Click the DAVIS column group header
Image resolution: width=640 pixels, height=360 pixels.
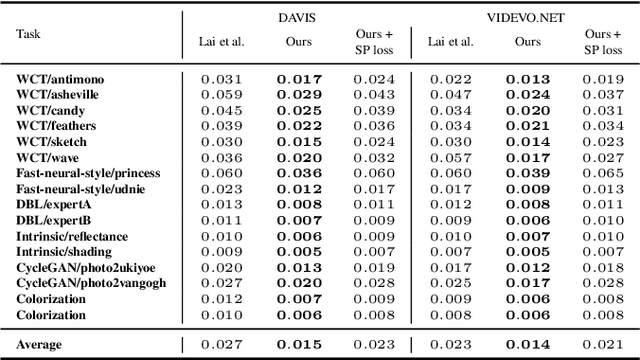point(297,16)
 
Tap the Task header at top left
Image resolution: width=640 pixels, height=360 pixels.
point(28,32)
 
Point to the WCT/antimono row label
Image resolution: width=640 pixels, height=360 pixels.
point(60,78)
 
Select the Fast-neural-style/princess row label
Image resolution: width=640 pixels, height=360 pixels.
point(88,173)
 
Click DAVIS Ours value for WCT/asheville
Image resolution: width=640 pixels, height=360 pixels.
point(297,94)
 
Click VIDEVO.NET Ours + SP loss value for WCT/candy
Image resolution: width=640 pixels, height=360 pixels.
point(602,110)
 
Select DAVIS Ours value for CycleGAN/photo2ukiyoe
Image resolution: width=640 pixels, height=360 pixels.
point(297,268)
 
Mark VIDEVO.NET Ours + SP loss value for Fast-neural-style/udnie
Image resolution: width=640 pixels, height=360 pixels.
point(602,189)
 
